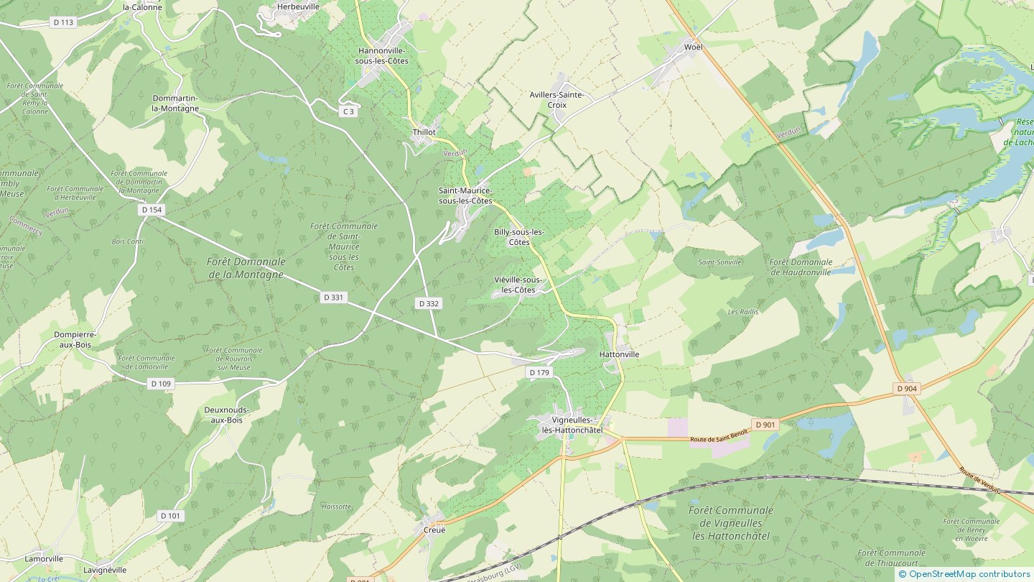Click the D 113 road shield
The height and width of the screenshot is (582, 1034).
click(x=64, y=22)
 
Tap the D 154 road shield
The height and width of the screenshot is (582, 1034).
click(x=152, y=210)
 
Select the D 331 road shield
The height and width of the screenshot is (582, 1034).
click(x=333, y=297)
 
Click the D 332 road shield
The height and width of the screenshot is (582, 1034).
click(x=429, y=304)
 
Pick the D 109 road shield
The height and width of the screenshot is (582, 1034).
click(x=161, y=384)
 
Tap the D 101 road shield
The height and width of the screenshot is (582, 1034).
click(x=170, y=516)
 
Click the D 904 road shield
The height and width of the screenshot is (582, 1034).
click(x=907, y=389)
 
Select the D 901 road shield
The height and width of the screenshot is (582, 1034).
click(x=765, y=425)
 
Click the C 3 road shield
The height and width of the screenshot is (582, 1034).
click(x=348, y=111)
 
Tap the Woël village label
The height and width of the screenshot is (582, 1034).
click(x=693, y=47)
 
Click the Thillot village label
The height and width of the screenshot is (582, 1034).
click(x=424, y=132)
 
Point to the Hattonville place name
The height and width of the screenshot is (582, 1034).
click(x=619, y=354)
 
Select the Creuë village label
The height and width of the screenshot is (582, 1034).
click(x=434, y=530)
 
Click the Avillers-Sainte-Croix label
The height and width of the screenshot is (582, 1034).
click(x=556, y=100)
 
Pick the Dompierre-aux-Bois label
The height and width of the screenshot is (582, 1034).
click(x=75, y=339)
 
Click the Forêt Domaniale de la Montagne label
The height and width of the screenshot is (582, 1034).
click(x=246, y=268)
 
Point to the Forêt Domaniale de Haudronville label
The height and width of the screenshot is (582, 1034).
click(x=801, y=267)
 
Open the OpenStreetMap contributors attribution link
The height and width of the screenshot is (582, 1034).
click(x=969, y=573)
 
